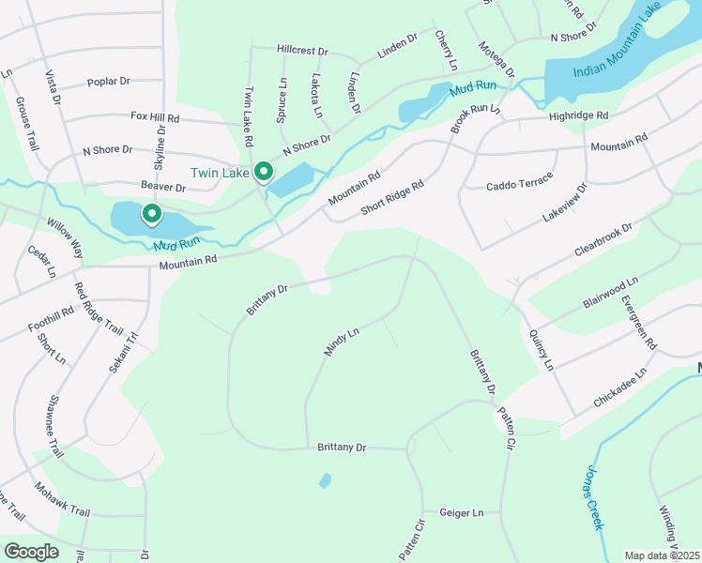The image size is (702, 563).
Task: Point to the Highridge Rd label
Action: [x=579, y=115]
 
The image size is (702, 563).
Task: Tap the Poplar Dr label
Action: [x=108, y=82]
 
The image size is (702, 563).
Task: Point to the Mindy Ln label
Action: [x=342, y=342]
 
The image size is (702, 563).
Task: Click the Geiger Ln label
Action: [x=464, y=513]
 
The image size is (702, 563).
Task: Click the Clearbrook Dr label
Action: [x=603, y=241]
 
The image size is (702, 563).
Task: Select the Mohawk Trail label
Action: [x=62, y=499]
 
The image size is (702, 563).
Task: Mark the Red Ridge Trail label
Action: [x=99, y=311]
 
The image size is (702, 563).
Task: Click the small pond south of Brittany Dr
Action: [x=325, y=480]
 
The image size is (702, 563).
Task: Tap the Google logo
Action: [x=31, y=552]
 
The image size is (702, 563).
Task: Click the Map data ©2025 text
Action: [x=662, y=555]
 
